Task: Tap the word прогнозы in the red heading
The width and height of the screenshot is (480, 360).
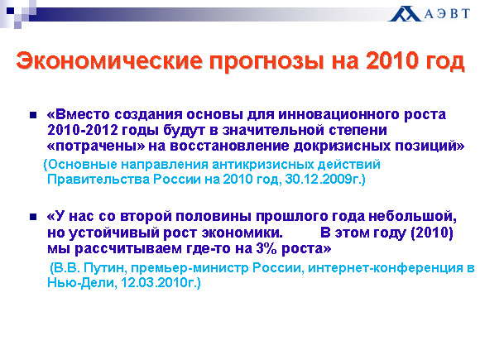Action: [x=267, y=61]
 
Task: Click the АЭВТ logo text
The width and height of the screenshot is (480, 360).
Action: [x=447, y=14]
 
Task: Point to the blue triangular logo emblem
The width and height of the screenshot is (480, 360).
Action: [x=405, y=14]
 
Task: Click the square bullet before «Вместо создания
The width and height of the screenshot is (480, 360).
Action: [x=33, y=115]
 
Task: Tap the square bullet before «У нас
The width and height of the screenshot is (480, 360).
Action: [x=33, y=217]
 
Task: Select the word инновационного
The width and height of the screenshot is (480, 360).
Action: [x=338, y=114]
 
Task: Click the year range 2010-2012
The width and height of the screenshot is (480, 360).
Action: [x=83, y=130]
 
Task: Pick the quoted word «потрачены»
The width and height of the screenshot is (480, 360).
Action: [x=96, y=146]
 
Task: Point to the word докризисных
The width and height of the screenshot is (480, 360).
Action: [x=342, y=146]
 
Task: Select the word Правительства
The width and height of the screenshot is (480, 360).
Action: [x=98, y=180]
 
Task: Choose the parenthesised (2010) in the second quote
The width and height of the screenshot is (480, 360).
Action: [x=432, y=233]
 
